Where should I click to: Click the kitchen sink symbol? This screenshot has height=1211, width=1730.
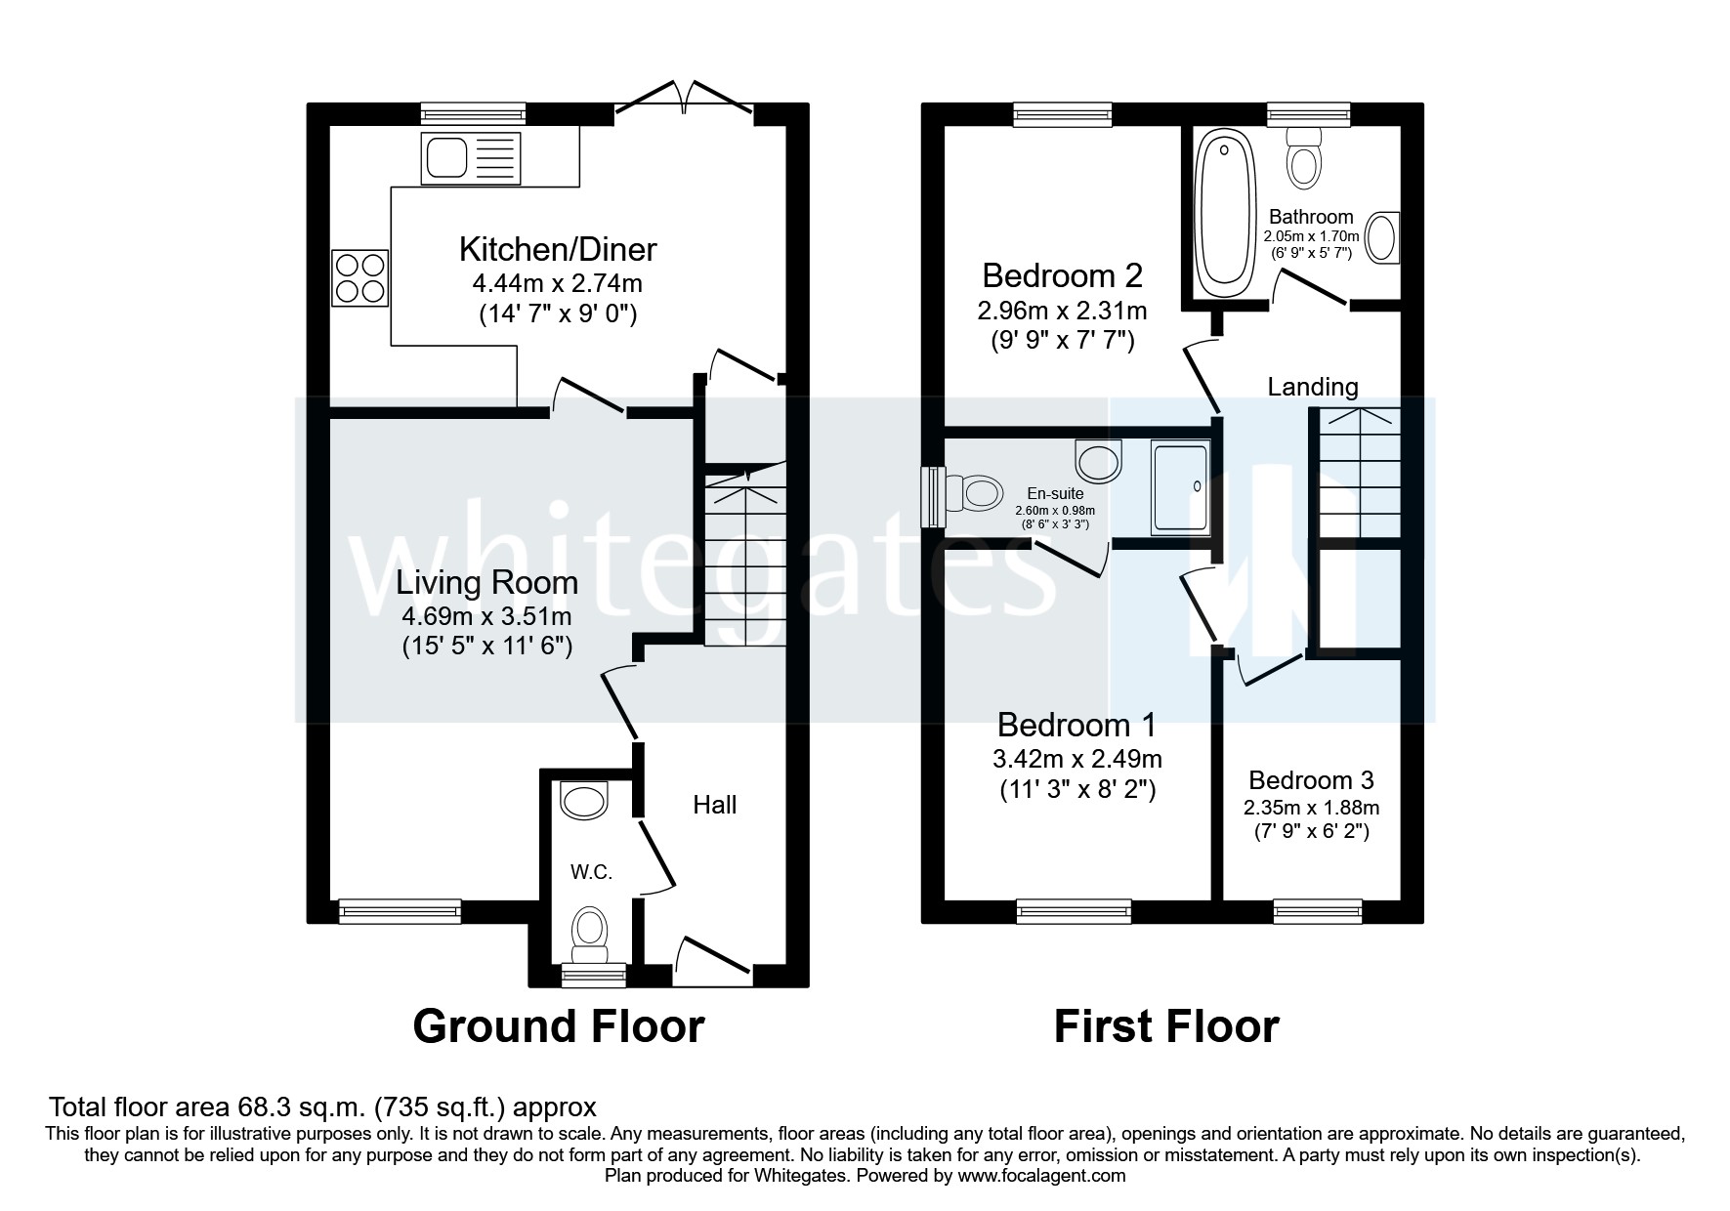coord(472,158)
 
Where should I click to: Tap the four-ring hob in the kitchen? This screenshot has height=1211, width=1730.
coord(360,276)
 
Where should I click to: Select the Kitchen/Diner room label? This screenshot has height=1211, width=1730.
coord(558,249)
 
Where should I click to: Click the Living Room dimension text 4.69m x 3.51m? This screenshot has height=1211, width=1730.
coord(485,616)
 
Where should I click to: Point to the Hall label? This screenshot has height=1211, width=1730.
coord(714,805)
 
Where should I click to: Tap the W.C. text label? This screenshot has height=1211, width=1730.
coord(591,872)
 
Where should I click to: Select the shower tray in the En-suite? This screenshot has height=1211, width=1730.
coord(1180,486)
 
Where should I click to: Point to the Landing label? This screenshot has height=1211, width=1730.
coord(1312,387)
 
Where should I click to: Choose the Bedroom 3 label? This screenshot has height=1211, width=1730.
coord(1311,780)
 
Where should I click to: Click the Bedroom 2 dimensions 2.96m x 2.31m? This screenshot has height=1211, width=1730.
coord(1061,312)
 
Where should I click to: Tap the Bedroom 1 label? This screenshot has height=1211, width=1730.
coord(1076,725)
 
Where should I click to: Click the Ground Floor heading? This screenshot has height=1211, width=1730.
coord(558,1026)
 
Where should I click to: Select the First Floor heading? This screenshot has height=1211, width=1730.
coord(1165,1026)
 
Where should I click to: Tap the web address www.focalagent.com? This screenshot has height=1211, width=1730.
coord(1040,1176)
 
